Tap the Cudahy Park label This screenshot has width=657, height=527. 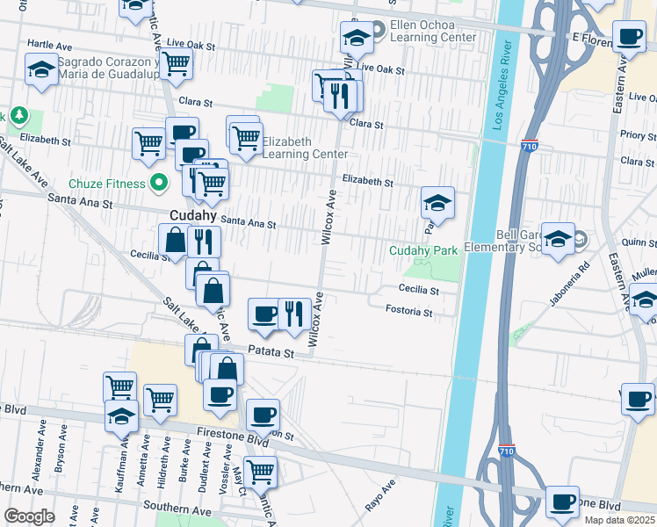[423, 250]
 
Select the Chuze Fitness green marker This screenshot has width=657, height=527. [159, 184]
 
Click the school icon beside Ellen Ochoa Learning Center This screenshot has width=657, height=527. [357, 38]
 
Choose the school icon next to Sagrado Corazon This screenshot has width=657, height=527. [40, 72]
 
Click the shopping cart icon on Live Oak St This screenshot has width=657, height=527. [177, 63]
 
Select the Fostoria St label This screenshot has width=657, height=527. [409, 312]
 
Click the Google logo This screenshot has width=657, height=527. [29, 516]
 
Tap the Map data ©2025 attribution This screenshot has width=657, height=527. [620, 520]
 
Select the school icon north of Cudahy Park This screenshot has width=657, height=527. [437, 204]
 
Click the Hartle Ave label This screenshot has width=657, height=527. [47, 42]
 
